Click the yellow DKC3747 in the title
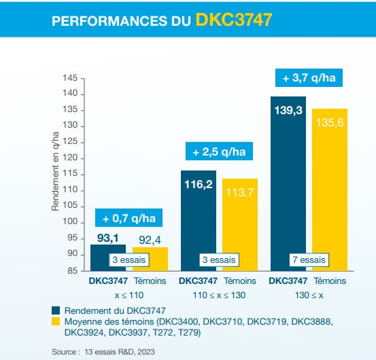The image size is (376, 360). click(x=234, y=20)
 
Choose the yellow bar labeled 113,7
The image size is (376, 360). click(x=240, y=225)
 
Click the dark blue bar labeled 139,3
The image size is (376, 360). click(x=288, y=183)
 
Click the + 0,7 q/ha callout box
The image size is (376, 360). click(x=129, y=219)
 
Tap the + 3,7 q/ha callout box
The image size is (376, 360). click(x=309, y=78)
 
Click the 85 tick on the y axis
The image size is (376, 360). click(x=71, y=270)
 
